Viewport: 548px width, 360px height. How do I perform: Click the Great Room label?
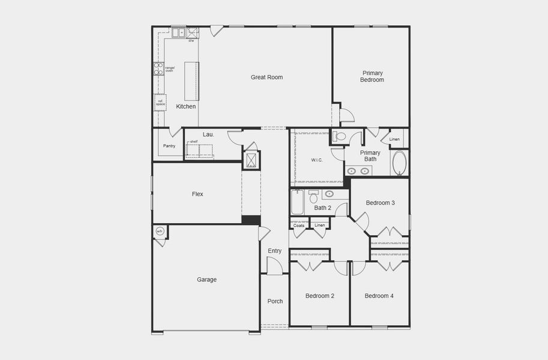tap(266, 77)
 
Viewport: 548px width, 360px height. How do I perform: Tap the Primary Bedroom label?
tap(372, 76)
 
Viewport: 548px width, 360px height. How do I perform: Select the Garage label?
tap(207, 280)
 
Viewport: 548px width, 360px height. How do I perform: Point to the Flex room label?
tap(197, 194)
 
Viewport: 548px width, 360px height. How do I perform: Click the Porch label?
tap(275, 301)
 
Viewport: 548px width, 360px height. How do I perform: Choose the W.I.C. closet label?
tap(317, 160)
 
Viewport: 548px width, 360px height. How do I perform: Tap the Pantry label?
tap(169, 146)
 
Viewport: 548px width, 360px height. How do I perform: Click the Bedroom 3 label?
tap(380, 203)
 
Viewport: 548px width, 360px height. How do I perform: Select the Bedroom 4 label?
tap(379, 296)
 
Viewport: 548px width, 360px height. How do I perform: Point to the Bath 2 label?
tap(322, 208)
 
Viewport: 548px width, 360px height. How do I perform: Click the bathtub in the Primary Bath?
tap(400, 163)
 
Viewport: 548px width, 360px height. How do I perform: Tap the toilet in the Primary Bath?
tap(340, 137)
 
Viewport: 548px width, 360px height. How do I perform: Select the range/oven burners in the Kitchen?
tap(158, 69)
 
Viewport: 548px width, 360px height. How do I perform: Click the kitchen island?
tap(191, 81)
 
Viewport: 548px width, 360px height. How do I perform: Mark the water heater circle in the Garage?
tap(160, 232)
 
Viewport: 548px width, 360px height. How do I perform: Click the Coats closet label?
tap(299, 226)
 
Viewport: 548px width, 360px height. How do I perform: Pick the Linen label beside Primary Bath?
tap(394, 139)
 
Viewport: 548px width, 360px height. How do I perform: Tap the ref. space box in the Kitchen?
tap(160, 103)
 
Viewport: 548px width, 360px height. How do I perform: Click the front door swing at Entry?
tap(274, 266)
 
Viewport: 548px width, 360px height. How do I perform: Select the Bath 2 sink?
tap(330, 194)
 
